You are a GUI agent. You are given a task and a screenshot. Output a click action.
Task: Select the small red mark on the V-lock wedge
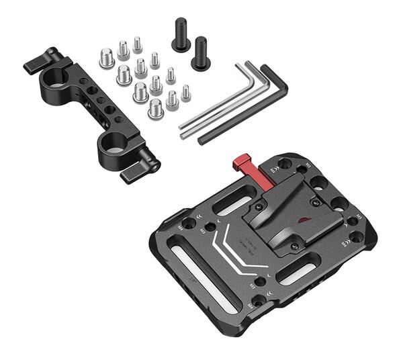point(306,222)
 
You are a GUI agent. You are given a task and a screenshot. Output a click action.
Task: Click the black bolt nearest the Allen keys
point(201,54)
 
